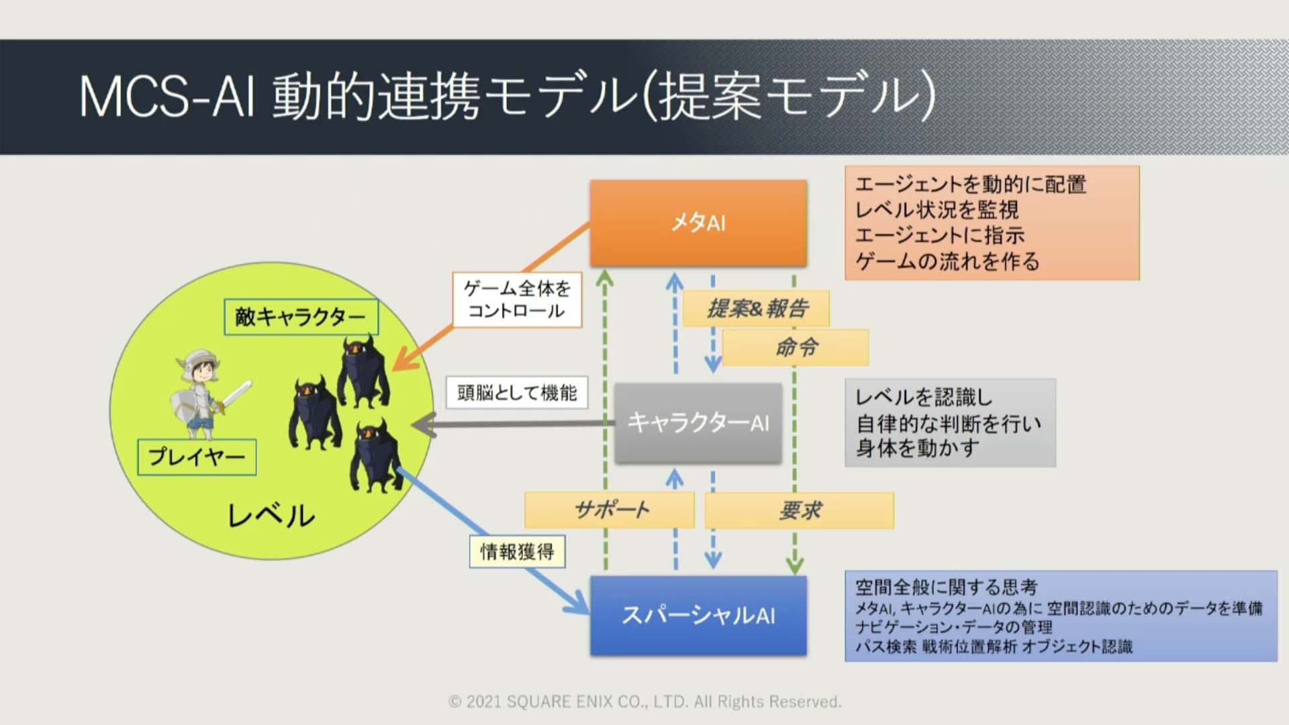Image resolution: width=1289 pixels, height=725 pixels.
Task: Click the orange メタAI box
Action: coord(698,223)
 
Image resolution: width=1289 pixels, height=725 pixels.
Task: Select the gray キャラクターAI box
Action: coord(698,423)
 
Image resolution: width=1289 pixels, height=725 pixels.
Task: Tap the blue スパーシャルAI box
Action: coord(698,615)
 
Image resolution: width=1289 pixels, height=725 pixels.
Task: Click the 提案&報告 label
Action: coord(756,309)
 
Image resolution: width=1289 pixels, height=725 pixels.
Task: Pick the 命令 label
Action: coord(796,347)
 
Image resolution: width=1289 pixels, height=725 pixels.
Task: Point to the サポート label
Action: coord(610,510)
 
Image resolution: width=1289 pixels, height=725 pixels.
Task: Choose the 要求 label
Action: coord(800,510)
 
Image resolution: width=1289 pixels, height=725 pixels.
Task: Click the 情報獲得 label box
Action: coord(517,552)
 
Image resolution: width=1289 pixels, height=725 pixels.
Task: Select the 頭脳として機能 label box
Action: coord(517,393)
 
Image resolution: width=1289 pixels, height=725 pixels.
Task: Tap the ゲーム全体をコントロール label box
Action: coord(517,299)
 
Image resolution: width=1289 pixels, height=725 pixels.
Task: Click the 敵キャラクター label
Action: coord(301,317)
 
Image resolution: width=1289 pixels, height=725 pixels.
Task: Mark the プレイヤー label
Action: coord(197,457)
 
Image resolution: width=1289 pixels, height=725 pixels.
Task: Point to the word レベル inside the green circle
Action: coord(271,516)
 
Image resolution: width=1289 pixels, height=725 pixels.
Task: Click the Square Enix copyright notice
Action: coord(644,702)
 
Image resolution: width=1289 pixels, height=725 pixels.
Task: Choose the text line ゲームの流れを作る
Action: coord(947,261)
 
